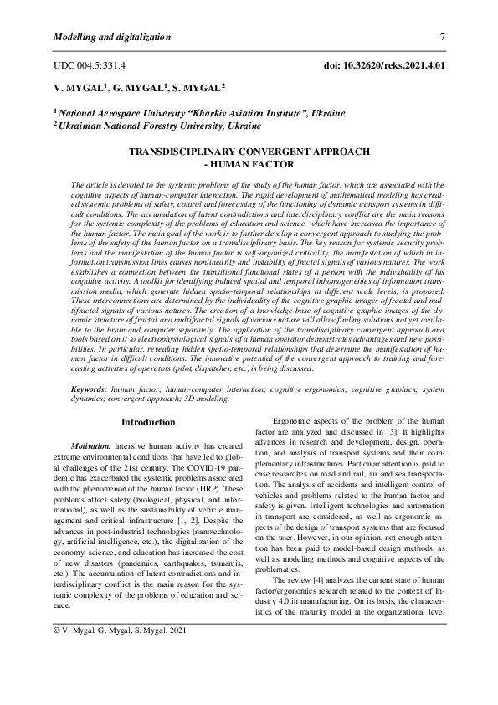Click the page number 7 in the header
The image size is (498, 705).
pos(442,37)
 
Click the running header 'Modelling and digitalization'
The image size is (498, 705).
pos(111,37)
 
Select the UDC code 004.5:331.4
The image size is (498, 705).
pos(89,64)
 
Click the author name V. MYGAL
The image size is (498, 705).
pos(78,87)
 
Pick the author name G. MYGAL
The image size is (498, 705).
pos(140,87)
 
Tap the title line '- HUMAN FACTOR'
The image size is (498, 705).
pos(249,164)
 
